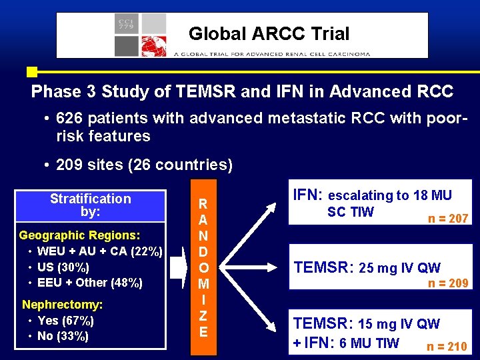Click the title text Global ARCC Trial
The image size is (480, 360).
(x=269, y=33)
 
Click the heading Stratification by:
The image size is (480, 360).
(x=91, y=205)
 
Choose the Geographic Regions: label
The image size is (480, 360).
(x=79, y=235)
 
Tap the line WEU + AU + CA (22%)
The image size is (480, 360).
(x=99, y=251)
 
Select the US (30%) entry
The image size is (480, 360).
(x=63, y=267)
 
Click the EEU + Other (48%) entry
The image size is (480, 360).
(x=90, y=283)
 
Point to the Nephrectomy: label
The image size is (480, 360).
(x=62, y=305)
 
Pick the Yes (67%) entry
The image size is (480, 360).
(x=65, y=321)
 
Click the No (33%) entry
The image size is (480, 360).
(x=63, y=336)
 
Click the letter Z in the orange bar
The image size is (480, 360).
(x=203, y=315)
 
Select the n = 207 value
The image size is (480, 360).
(x=448, y=218)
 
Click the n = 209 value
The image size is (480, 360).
(x=448, y=283)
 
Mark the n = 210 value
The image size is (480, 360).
(x=447, y=346)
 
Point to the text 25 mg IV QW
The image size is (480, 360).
(x=399, y=269)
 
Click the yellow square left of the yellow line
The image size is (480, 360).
(x=31, y=71)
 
